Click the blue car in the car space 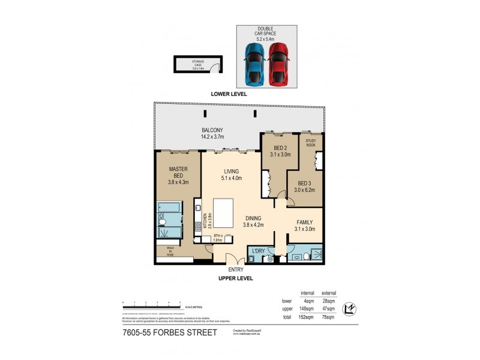pos(254,63)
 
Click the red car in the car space pos(278,63)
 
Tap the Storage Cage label pos(198,64)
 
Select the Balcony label pos(212,133)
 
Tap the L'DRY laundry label pos(259,250)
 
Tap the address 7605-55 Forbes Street pos(169,332)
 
